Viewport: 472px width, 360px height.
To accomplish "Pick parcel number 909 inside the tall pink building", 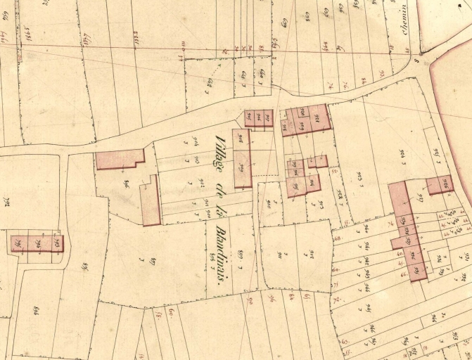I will tap(242, 166).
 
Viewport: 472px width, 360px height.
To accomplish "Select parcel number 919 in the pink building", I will tap(302, 125).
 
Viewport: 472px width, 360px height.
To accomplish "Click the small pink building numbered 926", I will tap(440, 185).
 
